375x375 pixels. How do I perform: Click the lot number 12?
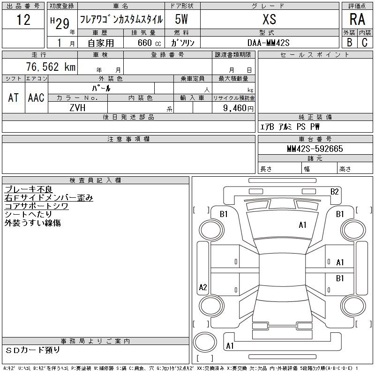pyautogui.click(x=23, y=19)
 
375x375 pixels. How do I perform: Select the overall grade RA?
pyautogui.click(x=357, y=19)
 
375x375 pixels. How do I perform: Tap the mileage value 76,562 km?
pyautogui.click(x=51, y=67)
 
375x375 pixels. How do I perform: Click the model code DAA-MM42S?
pyautogui.click(x=268, y=43)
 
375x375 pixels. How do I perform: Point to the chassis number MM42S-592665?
pyautogui.click(x=315, y=149)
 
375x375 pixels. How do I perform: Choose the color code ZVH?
pyautogui.click(x=77, y=108)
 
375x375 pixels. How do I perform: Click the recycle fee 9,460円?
pyautogui.click(x=238, y=108)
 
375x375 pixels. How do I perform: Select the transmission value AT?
pyautogui.click(x=14, y=97)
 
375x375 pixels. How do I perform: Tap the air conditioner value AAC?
pyautogui.click(x=36, y=97)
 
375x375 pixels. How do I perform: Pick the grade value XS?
pyautogui.click(x=269, y=19)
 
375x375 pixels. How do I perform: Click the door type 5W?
pyautogui.click(x=181, y=19)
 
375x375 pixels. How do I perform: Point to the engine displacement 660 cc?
pyautogui.click(x=149, y=43)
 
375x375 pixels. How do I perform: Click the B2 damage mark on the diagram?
pyautogui.click(x=334, y=192)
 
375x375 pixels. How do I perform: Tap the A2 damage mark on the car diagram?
pyautogui.click(x=203, y=287)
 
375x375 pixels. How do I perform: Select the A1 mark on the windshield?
pyautogui.click(x=302, y=225)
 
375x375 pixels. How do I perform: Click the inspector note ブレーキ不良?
pyautogui.click(x=29, y=189)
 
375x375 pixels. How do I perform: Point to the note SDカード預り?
pyautogui.click(x=32, y=350)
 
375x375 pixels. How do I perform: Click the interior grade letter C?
pyautogui.click(x=365, y=43)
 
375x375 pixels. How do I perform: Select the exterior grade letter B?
pyautogui.click(x=349, y=43)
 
